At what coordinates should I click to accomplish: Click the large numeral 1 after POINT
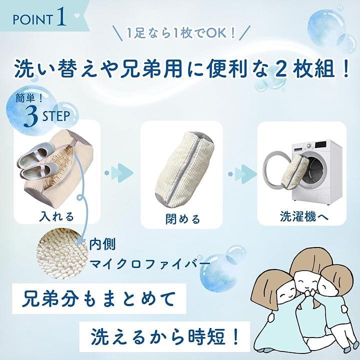pyautogui.click(x=61, y=16)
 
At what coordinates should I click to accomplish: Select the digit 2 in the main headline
pyautogui.click(x=280, y=68)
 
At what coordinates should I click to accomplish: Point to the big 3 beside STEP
pyautogui.click(x=31, y=116)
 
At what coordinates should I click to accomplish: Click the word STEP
pyautogui.click(x=56, y=116)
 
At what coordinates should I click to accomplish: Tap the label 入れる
pyautogui.click(x=56, y=216)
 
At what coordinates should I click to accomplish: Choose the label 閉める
pyautogui.click(x=183, y=219)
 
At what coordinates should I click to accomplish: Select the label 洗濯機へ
pyautogui.click(x=304, y=216)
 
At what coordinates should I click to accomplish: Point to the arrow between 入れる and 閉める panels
pyautogui.click(x=119, y=173)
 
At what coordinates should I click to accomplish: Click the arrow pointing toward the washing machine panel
pyautogui.click(x=242, y=174)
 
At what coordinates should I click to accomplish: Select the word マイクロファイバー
pyautogui.click(x=149, y=264)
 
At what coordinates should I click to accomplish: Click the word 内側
pyautogui.click(x=102, y=244)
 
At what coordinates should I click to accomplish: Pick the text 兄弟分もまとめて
pyautogui.click(x=98, y=298)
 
